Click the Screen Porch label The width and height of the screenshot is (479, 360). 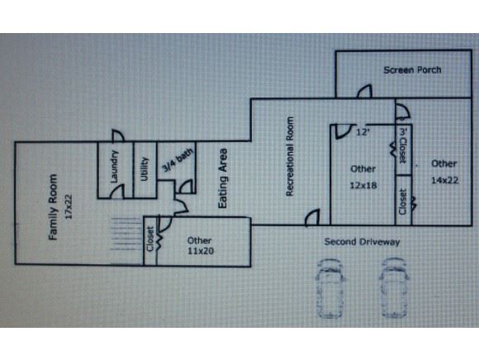pos(412,70)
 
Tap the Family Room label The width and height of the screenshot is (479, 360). pos(53,207)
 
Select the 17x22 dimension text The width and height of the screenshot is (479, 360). pos(69,206)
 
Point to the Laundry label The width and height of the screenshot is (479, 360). pos(114,167)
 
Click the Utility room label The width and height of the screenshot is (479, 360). pos(145,169)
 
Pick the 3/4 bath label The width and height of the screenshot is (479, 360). pos(178,160)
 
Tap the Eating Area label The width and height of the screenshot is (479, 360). pos(223,178)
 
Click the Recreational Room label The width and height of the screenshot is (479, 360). pos(290,156)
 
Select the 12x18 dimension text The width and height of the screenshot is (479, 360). pos(363,185)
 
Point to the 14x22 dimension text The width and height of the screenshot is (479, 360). pos(444,180)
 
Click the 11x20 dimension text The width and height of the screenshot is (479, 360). pos(201,251)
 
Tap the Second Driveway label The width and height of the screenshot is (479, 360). pos(362,242)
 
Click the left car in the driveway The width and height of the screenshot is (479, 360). pos(330,288)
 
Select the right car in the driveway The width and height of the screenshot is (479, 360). pos(394,288)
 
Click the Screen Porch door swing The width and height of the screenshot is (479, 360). pos(364,92)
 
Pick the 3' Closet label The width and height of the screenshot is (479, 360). pos(404,145)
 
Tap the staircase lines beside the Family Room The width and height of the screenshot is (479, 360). pos(127,234)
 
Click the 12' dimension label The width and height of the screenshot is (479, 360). pos(363,132)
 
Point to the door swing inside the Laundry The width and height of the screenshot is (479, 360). pos(117,192)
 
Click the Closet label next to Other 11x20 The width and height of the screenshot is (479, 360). pos(150,239)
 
